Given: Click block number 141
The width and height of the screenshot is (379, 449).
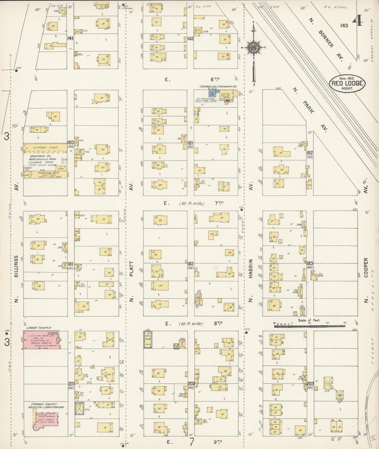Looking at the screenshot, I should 70,39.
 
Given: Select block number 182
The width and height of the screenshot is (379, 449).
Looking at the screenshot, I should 190,263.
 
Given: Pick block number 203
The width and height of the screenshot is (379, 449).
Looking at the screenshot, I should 310,384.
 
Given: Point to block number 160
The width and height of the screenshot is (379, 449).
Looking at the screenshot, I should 71,143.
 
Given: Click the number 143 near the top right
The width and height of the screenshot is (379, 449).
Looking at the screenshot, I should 344,25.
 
